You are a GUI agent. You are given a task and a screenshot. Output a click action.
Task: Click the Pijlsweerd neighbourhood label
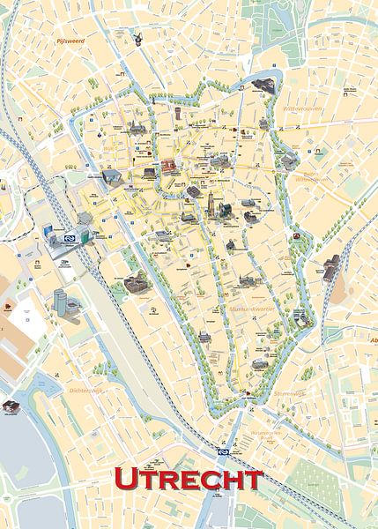(x=68, y=41)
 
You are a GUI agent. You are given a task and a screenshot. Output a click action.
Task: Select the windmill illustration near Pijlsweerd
(x=138, y=38)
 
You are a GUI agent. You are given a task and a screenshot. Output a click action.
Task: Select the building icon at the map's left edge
(x=11, y=407)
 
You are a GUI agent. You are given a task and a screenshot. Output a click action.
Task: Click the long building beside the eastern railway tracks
(x=330, y=267)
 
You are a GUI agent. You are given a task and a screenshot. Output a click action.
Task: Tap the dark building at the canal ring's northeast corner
(x=263, y=85)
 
